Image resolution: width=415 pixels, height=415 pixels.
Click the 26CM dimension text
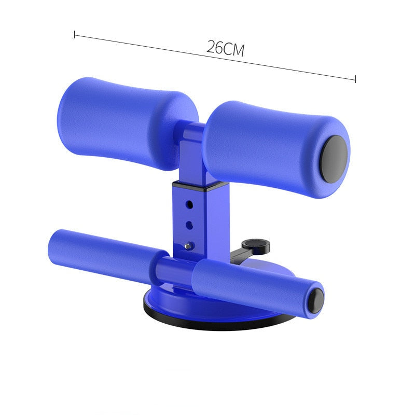tap(225, 48)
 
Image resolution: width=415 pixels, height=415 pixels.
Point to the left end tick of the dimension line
tap(75, 35)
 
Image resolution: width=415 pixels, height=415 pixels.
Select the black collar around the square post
tap(200, 185)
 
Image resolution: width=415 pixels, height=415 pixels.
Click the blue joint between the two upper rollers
tap(193, 136)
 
